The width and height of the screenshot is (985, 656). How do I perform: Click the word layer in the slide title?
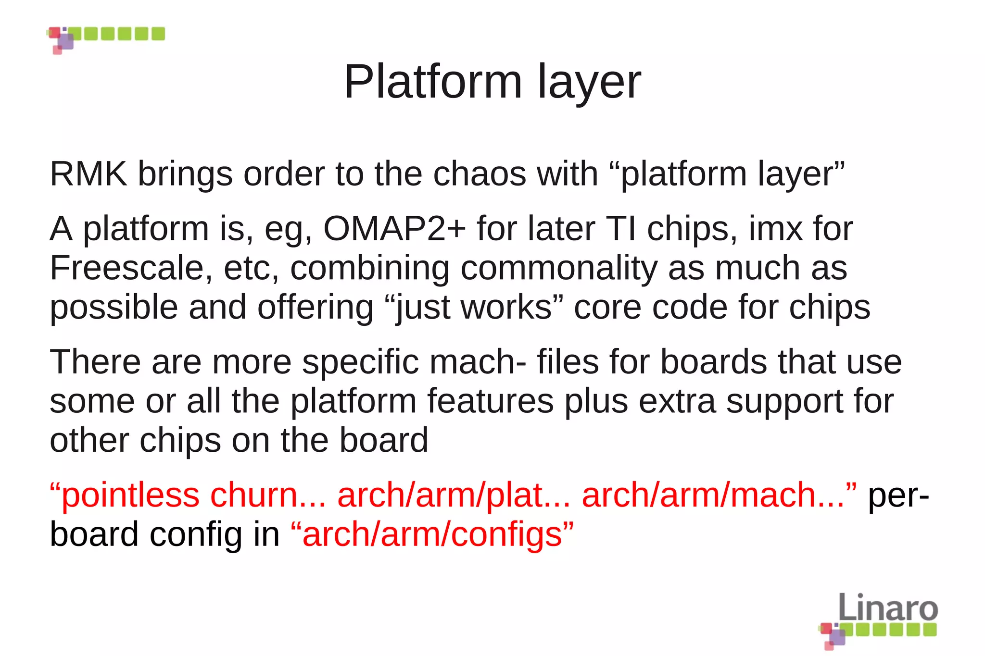[589, 83]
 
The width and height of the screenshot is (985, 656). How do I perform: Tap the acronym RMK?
[88, 173]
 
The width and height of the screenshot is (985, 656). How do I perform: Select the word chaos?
[480, 173]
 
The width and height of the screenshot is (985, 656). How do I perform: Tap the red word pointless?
[130, 495]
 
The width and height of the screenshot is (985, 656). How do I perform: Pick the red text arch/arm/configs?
[432, 534]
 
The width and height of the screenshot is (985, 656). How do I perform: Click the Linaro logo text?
[888, 607]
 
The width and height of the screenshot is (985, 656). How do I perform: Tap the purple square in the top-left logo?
[66, 41]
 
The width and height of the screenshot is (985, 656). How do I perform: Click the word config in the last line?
[196, 534]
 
